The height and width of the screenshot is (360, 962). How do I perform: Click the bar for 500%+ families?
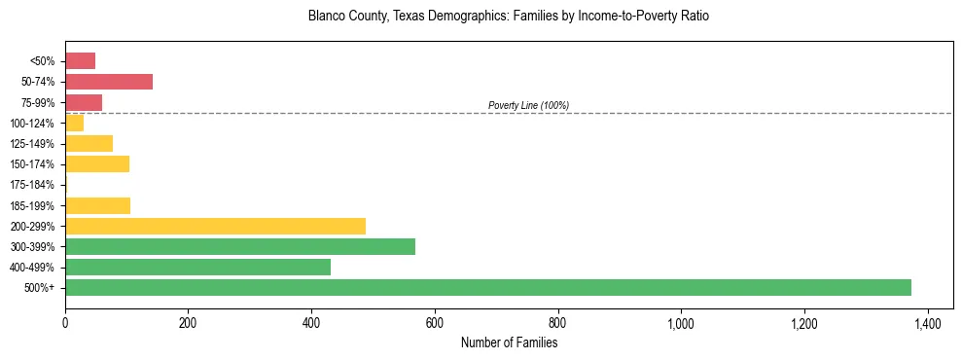tap(487, 288)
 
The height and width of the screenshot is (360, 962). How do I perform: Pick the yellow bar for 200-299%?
tap(215, 226)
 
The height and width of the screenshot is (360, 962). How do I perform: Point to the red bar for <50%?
tap(80, 61)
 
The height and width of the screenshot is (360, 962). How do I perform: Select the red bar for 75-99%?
tap(84, 102)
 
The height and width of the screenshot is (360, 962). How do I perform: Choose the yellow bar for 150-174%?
tap(97, 164)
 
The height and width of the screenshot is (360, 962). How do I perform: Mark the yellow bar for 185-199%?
tap(97, 205)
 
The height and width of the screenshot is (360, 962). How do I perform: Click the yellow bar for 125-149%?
tap(89, 144)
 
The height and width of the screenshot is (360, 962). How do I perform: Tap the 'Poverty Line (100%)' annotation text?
tap(528, 105)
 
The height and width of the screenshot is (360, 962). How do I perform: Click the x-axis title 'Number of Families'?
tap(509, 342)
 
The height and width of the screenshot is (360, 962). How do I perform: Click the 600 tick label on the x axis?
tap(435, 322)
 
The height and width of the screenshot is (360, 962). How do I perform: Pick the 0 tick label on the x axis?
tap(65, 322)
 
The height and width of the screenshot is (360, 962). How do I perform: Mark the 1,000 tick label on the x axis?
tap(681, 322)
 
